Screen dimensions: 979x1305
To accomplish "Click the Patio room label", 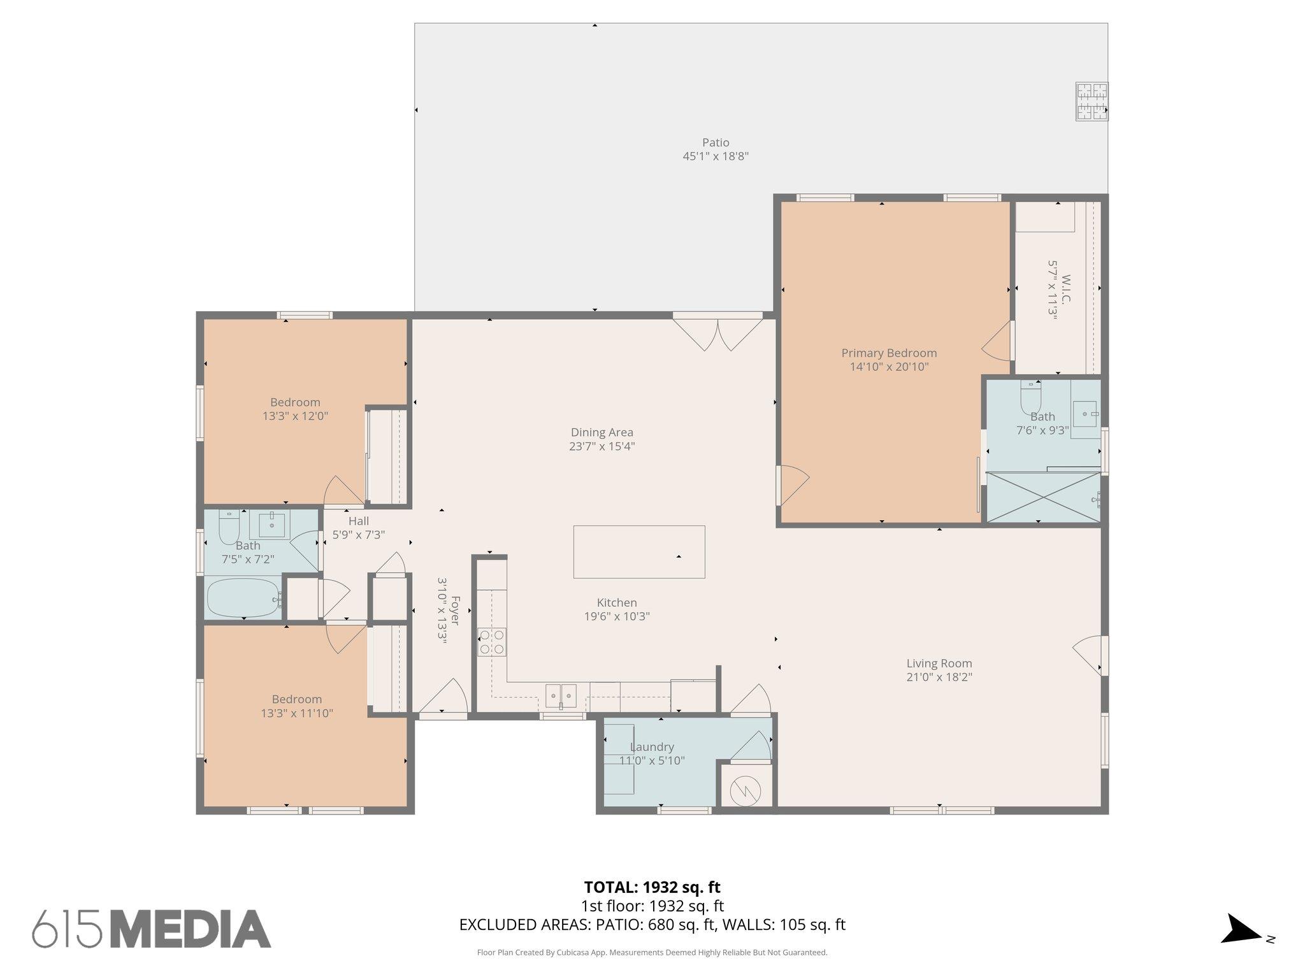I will [715, 143].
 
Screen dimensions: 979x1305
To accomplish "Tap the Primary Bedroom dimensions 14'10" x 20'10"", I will [889, 367].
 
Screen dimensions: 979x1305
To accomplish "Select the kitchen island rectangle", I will [638, 552].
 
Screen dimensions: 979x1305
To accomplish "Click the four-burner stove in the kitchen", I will [492, 642].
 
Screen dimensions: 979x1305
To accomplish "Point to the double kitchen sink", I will [561, 693].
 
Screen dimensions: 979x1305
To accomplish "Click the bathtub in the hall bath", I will [244, 598].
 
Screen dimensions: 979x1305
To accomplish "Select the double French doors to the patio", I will [717, 333].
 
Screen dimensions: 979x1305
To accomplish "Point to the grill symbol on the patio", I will [1092, 102].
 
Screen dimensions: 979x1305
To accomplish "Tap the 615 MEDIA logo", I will [152, 929].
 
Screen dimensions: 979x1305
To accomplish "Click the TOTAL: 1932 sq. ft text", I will [652, 887].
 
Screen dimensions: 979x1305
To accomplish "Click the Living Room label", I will [939, 664].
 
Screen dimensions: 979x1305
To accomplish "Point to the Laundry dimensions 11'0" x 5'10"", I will [652, 760].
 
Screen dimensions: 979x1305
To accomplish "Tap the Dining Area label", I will [602, 433].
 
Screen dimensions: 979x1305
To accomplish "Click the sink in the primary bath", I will [1086, 414].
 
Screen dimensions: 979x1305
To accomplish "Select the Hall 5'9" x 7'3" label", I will [358, 528].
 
